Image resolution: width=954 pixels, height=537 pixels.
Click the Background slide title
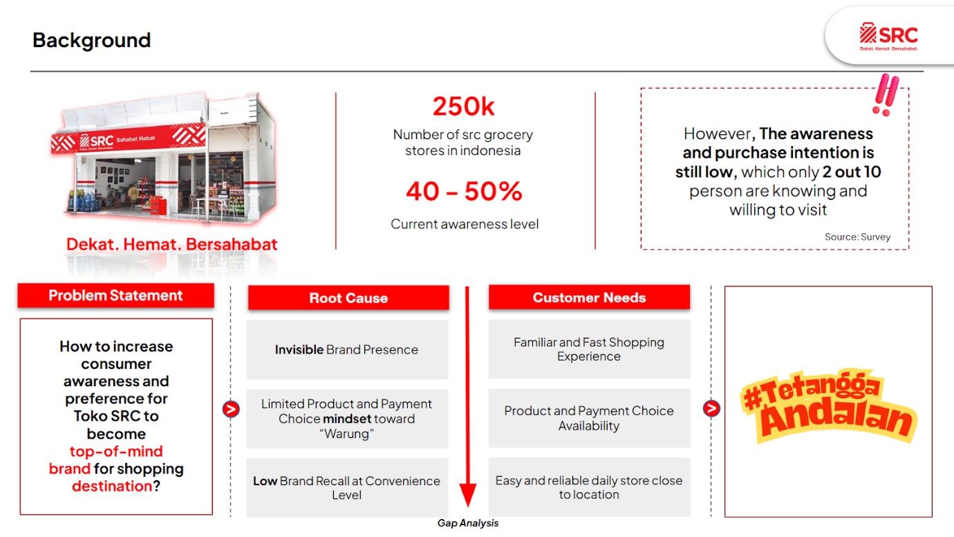(91, 41)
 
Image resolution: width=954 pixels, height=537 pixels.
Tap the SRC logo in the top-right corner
(888, 37)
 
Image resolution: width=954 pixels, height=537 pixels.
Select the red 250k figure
(463, 106)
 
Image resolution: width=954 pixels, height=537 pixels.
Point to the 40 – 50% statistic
(464, 191)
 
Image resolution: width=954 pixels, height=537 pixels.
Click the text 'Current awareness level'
(465, 224)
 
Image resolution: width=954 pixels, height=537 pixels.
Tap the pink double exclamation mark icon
(886, 95)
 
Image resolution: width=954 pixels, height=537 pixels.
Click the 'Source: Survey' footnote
(857, 237)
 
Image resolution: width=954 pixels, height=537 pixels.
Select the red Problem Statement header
(116, 295)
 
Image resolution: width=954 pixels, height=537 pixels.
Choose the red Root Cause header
(348, 298)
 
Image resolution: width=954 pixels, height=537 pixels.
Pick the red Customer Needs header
(589, 298)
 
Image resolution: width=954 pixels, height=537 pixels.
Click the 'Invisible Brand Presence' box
(347, 349)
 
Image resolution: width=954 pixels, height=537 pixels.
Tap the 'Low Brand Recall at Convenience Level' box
(347, 488)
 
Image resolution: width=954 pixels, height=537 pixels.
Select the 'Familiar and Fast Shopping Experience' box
(589, 349)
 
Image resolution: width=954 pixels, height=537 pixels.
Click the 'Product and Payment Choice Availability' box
(589, 418)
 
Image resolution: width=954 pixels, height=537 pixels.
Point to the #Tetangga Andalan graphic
(828, 407)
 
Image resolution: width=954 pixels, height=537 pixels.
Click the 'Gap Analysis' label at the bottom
(467, 523)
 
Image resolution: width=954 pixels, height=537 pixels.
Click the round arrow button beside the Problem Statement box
(231, 409)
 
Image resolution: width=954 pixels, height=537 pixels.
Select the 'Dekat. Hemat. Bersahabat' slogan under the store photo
(171, 244)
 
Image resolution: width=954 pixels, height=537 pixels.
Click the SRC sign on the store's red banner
(97, 141)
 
